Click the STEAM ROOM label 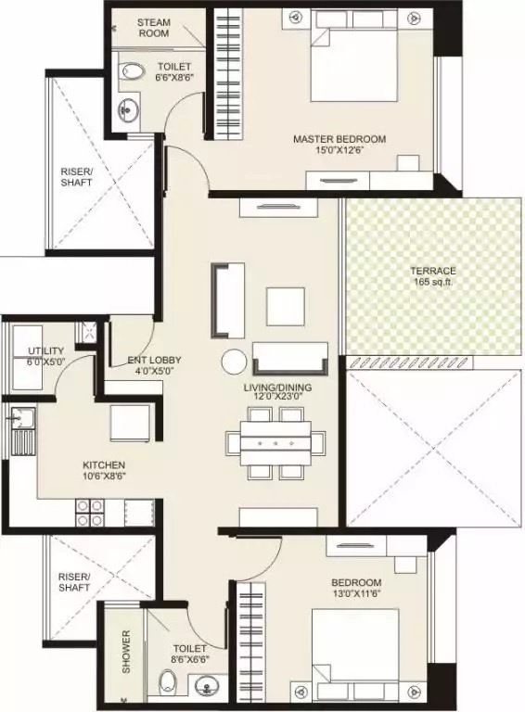coord(153,27)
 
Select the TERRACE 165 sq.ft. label coord(433,277)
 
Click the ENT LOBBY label coord(154,366)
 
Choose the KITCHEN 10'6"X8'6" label coord(103,471)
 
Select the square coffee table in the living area coord(284,304)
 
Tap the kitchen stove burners coord(90,513)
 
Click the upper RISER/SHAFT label coord(75,177)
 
